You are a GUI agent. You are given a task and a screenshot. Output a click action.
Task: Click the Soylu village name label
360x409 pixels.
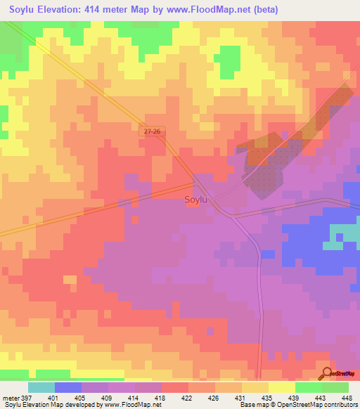point(195,200)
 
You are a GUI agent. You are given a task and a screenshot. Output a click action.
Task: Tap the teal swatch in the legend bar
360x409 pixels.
point(41,387)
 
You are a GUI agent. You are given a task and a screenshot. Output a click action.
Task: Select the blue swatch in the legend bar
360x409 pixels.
point(68,387)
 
